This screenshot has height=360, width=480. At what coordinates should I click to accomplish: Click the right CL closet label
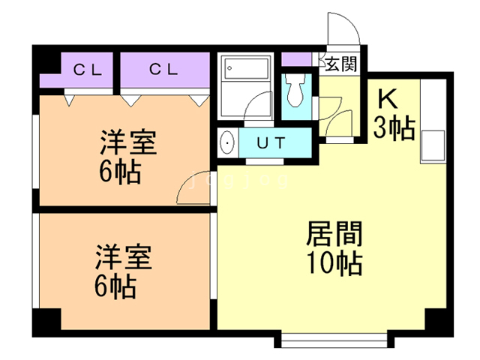[163, 70]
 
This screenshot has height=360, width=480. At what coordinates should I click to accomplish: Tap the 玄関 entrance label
[340, 64]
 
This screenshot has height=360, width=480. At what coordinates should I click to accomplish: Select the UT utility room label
[270, 142]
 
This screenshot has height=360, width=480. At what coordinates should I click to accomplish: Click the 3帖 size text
[394, 129]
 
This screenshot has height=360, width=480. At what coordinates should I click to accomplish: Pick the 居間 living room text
[333, 235]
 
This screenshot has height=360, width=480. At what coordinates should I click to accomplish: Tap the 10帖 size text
[333, 263]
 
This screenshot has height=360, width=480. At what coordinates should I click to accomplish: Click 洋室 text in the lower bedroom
[123, 257]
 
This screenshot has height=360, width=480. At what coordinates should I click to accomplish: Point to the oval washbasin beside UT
[228, 142]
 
